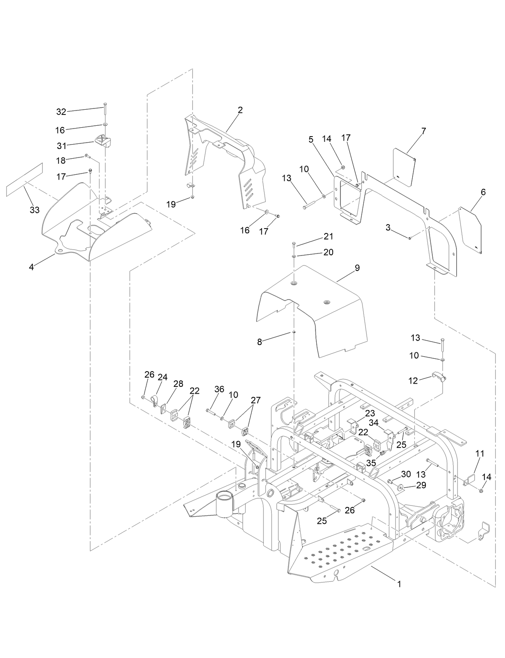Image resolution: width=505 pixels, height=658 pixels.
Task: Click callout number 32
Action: (x=61, y=112)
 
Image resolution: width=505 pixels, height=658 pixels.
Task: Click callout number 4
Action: (x=31, y=267)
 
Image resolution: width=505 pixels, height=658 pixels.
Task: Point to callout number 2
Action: (x=240, y=110)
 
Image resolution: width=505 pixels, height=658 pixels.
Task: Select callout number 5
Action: (x=311, y=140)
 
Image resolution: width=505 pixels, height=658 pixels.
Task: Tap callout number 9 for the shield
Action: (x=357, y=268)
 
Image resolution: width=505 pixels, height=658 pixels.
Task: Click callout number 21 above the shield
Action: (x=329, y=236)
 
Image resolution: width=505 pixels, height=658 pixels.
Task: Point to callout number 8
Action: (x=260, y=342)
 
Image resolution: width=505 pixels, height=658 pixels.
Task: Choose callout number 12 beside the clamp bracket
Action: (x=413, y=380)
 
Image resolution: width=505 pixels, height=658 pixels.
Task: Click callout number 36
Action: (x=219, y=389)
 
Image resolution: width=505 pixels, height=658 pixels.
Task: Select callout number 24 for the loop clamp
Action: (x=162, y=377)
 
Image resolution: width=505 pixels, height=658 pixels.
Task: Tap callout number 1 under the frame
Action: (x=399, y=584)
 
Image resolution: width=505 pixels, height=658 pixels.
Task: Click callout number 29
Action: (x=421, y=485)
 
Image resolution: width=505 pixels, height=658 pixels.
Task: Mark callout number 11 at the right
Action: (x=480, y=454)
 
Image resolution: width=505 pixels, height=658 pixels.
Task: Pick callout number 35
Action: (x=371, y=463)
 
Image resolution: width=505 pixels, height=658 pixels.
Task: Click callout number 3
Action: (x=388, y=228)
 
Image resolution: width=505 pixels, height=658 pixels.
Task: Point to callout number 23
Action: (x=370, y=413)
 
